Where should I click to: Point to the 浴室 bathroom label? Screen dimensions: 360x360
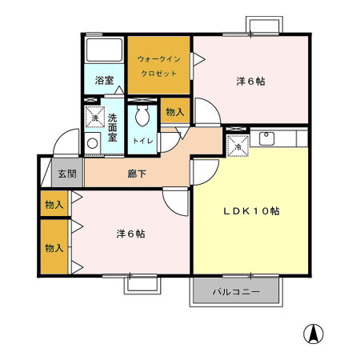pos(104,81)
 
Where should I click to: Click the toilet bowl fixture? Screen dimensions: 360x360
pos(142,118)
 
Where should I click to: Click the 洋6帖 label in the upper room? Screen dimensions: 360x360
pos(250,82)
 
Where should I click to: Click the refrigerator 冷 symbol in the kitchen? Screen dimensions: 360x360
pos(238,146)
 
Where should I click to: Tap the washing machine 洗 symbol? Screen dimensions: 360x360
pos(94,119)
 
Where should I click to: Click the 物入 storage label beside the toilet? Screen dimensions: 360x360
pos(174,113)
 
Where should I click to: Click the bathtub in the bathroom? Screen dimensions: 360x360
pos(104,53)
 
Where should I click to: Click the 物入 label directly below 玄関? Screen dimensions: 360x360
pos(54,205)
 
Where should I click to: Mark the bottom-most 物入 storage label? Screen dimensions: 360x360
pos(54,249)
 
